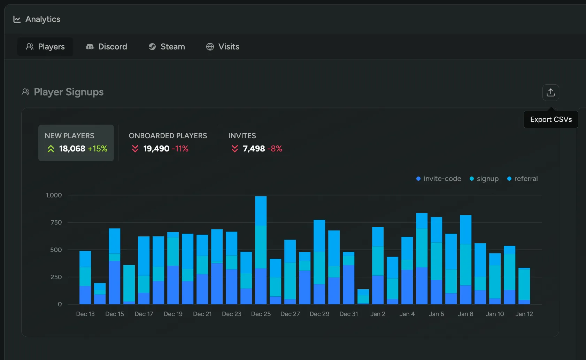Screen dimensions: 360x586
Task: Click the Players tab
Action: (45, 47)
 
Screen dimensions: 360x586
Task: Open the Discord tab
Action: (107, 47)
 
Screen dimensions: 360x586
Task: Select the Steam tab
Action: (167, 47)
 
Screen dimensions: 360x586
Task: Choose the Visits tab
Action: (223, 47)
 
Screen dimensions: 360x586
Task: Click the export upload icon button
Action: (550, 93)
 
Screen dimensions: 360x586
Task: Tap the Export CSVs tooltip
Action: (551, 119)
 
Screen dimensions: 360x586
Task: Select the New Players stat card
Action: (76, 143)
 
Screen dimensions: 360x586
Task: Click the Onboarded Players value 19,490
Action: (156, 149)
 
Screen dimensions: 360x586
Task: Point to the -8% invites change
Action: (275, 149)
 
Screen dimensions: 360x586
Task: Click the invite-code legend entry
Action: (439, 179)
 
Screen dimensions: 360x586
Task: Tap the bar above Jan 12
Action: (524, 286)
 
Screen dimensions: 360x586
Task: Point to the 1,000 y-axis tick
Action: (54, 195)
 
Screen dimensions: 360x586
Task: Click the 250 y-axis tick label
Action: (56, 277)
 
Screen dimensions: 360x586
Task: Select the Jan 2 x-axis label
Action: (378, 314)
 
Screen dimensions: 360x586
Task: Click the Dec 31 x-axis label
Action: (348, 314)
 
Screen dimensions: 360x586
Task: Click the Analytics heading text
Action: (43, 19)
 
